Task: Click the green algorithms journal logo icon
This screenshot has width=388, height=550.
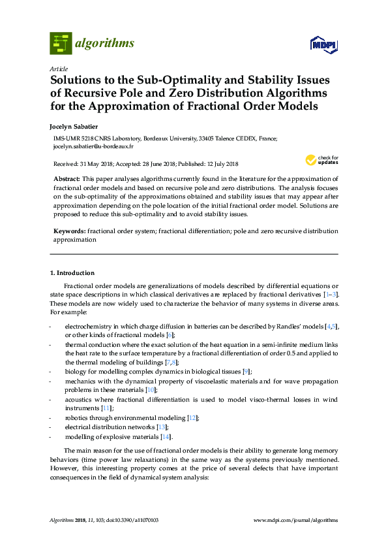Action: [61, 43]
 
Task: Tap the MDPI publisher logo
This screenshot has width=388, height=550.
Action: [325, 44]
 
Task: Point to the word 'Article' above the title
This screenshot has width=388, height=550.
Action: [58, 68]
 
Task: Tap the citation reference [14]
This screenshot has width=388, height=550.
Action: [166, 436]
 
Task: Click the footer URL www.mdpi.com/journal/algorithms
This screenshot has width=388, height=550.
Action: [295, 520]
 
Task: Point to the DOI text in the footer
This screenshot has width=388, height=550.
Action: [132, 520]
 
